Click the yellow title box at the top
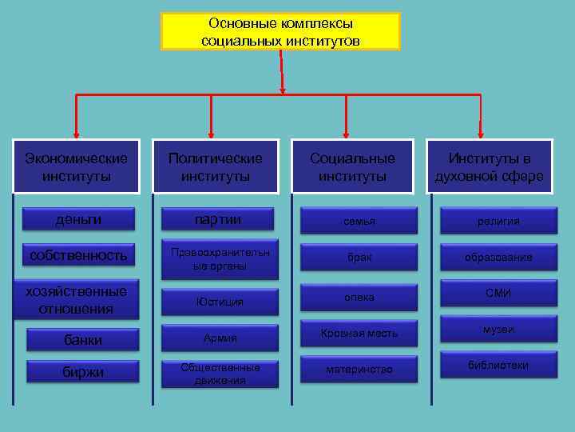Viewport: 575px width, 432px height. [x=280, y=32]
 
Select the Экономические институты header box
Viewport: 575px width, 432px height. [x=77, y=166]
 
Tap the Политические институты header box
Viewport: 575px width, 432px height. [x=215, y=166]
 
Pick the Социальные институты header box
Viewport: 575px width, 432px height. [x=352, y=166]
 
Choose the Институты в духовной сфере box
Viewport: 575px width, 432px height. [x=490, y=166]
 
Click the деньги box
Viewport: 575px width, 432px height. [x=78, y=218]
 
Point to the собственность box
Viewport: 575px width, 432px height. [x=78, y=255]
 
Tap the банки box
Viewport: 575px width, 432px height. [x=82, y=339]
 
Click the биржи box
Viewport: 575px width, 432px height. [x=82, y=372]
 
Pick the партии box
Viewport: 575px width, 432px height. [x=219, y=219]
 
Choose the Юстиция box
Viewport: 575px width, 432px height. [x=220, y=302]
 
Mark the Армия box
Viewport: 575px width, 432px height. [x=220, y=338]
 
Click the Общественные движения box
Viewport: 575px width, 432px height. [x=220, y=374]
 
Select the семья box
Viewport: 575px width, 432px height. [x=359, y=221]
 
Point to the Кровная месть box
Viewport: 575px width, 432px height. [x=359, y=333]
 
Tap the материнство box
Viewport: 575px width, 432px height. [x=359, y=369]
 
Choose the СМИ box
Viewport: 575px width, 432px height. [x=498, y=294]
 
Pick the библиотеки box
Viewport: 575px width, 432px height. [x=498, y=366]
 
